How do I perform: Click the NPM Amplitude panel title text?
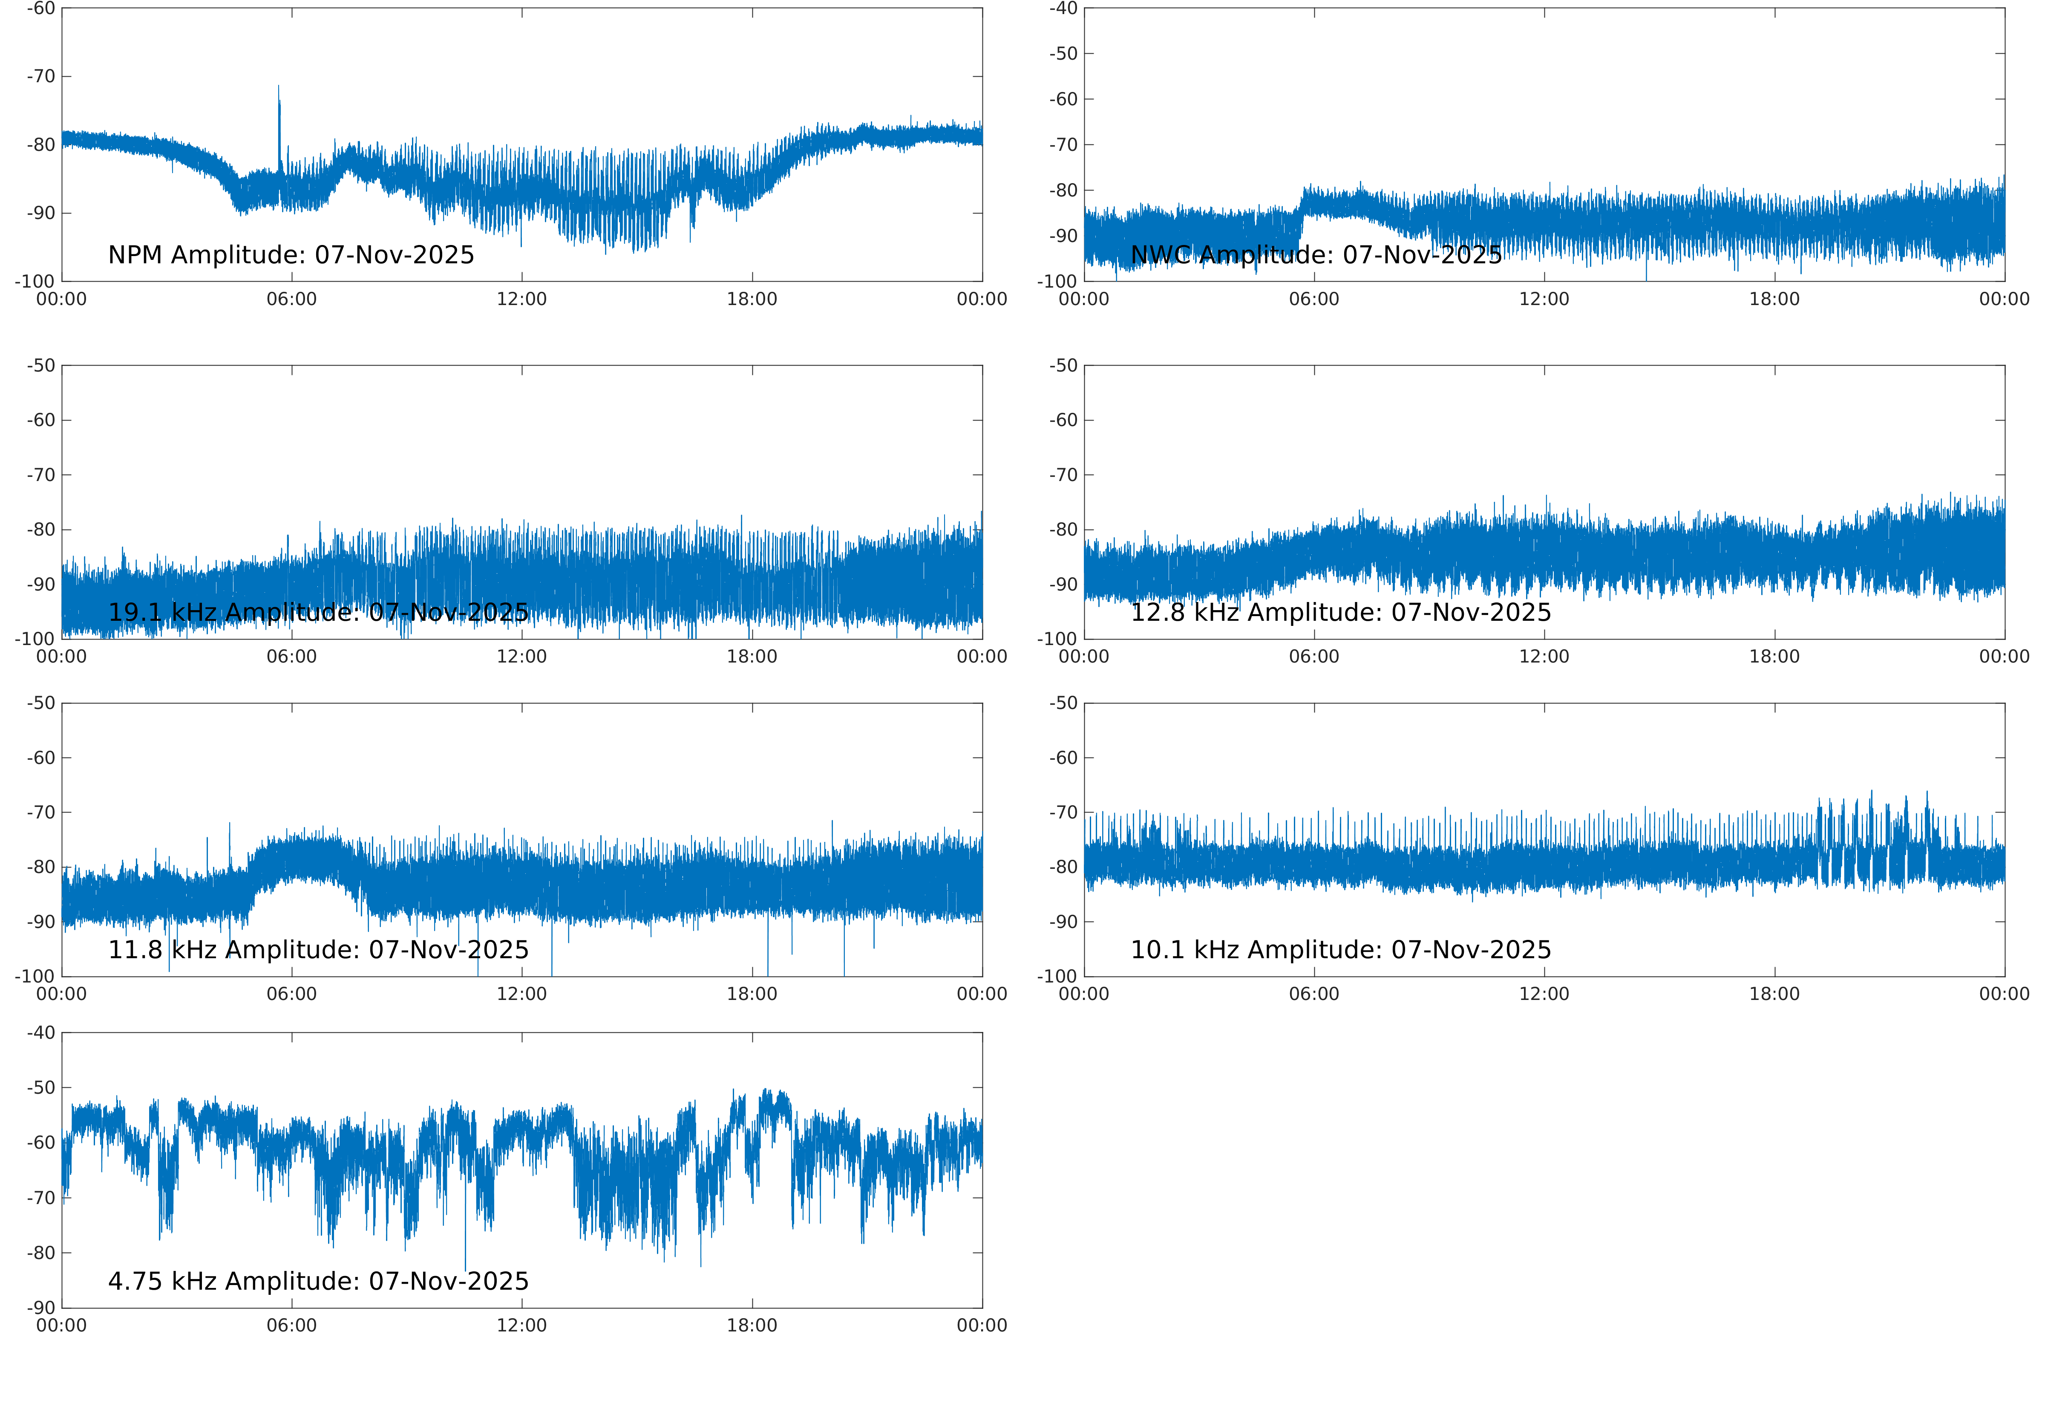pyautogui.click(x=291, y=256)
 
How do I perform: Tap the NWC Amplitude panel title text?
pyautogui.click(x=1316, y=256)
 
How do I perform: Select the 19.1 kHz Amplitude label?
pyautogui.click(x=318, y=612)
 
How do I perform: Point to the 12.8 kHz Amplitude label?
pyautogui.click(x=1340, y=612)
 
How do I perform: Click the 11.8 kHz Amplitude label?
pyautogui.click(x=318, y=950)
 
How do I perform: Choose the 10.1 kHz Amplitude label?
pyautogui.click(x=1340, y=950)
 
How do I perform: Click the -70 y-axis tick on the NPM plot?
pyautogui.click(x=40, y=77)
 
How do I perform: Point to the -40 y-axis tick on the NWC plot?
pyautogui.click(x=1063, y=9)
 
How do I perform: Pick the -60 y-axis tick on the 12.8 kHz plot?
pyautogui.click(x=1063, y=420)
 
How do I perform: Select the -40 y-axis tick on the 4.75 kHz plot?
pyautogui.click(x=40, y=1032)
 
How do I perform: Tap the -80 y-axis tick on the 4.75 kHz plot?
pyautogui.click(x=40, y=1253)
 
